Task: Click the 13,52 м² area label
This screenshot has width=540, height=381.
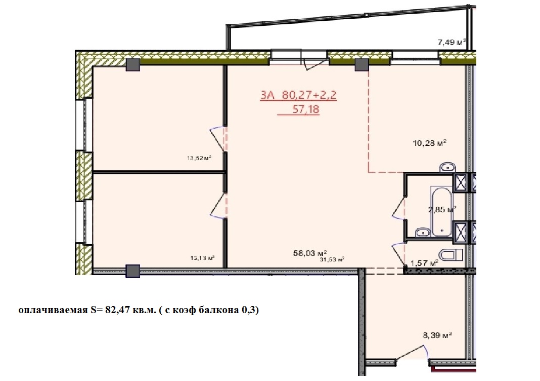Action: click(x=199, y=159)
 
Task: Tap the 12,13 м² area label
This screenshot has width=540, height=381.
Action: click(x=203, y=258)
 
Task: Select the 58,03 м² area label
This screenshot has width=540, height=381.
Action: click(x=310, y=253)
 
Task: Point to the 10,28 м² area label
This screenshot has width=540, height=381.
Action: click(x=429, y=142)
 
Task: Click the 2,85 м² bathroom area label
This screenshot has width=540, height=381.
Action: click(x=442, y=209)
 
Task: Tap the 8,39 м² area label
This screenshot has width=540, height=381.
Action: click(x=437, y=335)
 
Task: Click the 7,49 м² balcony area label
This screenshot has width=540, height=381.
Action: click(x=452, y=43)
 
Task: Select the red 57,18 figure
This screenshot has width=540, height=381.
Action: click(x=306, y=109)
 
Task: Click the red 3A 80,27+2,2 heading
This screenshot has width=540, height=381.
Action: click(x=298, y=95)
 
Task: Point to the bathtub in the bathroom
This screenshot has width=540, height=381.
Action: click(x=441, y=211)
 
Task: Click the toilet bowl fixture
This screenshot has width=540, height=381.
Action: click(x=452, y=255)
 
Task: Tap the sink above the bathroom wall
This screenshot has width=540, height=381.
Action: click(x=447, y=167)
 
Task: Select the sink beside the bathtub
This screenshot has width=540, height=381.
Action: click(x=423, y=232)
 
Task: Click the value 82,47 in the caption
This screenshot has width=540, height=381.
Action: click(x=118, y=310)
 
